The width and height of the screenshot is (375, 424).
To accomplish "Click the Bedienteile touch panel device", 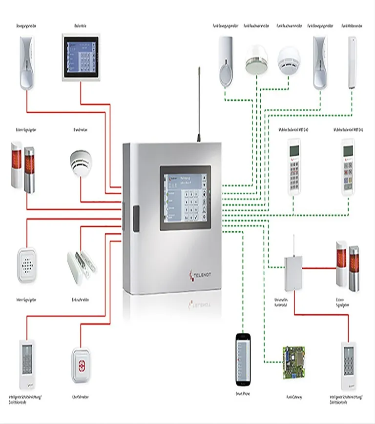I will [81, 58].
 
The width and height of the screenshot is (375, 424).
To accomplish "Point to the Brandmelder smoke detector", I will [81, 162].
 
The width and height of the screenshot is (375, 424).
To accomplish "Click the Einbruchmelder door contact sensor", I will [81, 264].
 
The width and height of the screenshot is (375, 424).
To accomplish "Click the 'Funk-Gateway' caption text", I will [293, 398].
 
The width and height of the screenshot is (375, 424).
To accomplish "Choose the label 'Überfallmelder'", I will [80, 398].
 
